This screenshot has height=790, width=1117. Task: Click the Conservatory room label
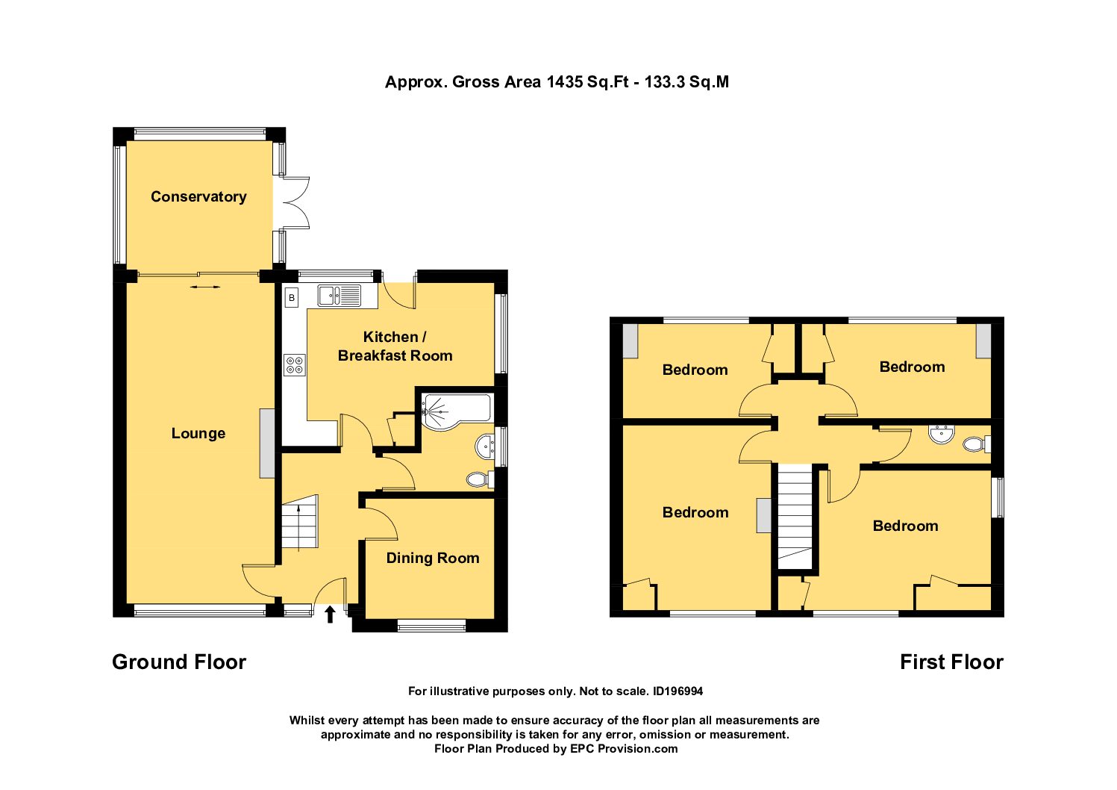(x=198, y=196)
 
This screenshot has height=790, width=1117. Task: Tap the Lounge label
(x=198, y=433)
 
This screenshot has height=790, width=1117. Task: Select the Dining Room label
(x=433, y=558)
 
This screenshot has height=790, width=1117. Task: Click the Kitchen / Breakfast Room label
(x=395, y=346)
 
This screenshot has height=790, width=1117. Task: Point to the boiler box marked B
(x=292, y=298)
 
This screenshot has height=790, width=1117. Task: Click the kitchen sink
(x=340, y=295)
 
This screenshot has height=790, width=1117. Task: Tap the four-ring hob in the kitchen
(x=294, y=364)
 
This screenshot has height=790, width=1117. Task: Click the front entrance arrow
(x=330, y=615)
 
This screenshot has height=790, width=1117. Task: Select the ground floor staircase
(x=300, y=522)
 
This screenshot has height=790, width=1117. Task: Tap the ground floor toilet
(x=480, y=479)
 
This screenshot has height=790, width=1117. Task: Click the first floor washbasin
(x=942, y=435)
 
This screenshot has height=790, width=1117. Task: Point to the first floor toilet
(x=977, y=444)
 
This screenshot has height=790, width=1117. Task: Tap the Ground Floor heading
(x=179, y=662)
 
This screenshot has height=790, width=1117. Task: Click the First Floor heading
(x=951, y=662)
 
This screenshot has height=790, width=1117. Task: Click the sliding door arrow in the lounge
(x=205, y=287)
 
